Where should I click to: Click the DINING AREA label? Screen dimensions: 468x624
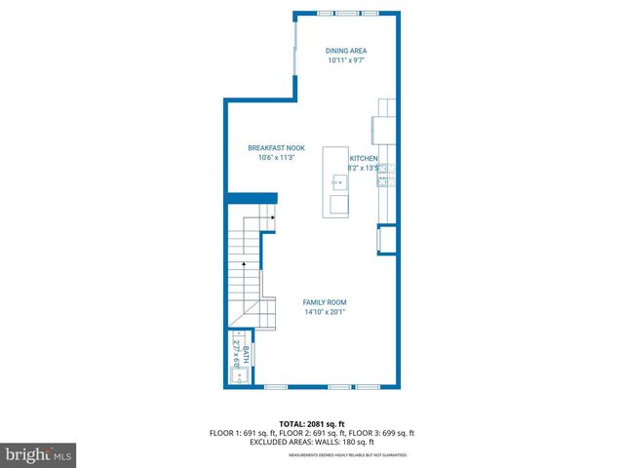(x=347, y=51)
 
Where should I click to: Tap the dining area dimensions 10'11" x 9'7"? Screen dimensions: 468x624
(x=347, y=61)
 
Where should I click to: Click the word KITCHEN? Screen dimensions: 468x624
(x=364, y=158)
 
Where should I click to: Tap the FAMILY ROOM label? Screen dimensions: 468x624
(x=324, y=302)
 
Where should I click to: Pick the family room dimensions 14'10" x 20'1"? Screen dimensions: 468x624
(x=324, y=313)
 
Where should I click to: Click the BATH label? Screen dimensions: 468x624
(x=246, y=354)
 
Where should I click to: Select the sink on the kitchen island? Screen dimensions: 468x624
(x=337, y=181)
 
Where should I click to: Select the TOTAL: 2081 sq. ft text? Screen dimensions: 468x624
(x=311, y=424)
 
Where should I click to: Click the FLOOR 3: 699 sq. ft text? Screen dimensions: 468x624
(x=383, y=433)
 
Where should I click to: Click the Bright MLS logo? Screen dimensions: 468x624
(x=39, y=454)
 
